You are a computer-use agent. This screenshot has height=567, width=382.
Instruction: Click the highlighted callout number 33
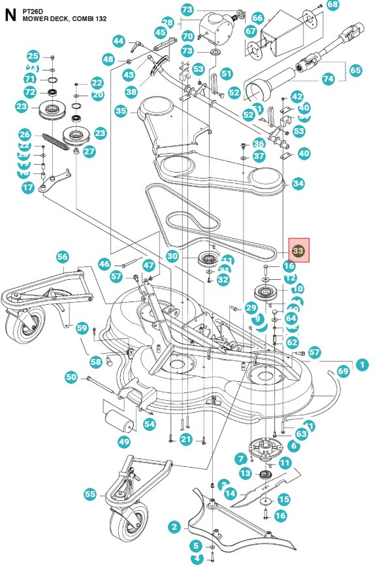(x=298, y=250)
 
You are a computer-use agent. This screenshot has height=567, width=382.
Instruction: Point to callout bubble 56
(x=63, y=256)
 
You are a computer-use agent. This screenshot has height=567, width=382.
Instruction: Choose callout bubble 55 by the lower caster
(x=90, y=493)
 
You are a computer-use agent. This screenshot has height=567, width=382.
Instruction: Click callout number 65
(x=355, y=69)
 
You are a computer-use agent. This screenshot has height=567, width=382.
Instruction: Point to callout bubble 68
(x=333, y=5)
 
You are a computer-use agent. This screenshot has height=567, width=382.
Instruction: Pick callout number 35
(x=121, y=112)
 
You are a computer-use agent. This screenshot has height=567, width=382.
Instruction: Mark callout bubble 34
(x=298, y=184)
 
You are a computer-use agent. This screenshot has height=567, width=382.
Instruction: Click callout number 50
(x=71, y=377)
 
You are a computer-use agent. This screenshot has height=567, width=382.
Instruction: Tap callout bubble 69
(x=343, y=371)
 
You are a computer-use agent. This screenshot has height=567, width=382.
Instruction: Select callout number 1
(x=362, y=364)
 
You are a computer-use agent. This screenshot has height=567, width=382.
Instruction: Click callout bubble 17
(x=27, y=188)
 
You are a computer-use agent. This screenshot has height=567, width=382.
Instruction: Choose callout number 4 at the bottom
(x=196, y=558)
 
